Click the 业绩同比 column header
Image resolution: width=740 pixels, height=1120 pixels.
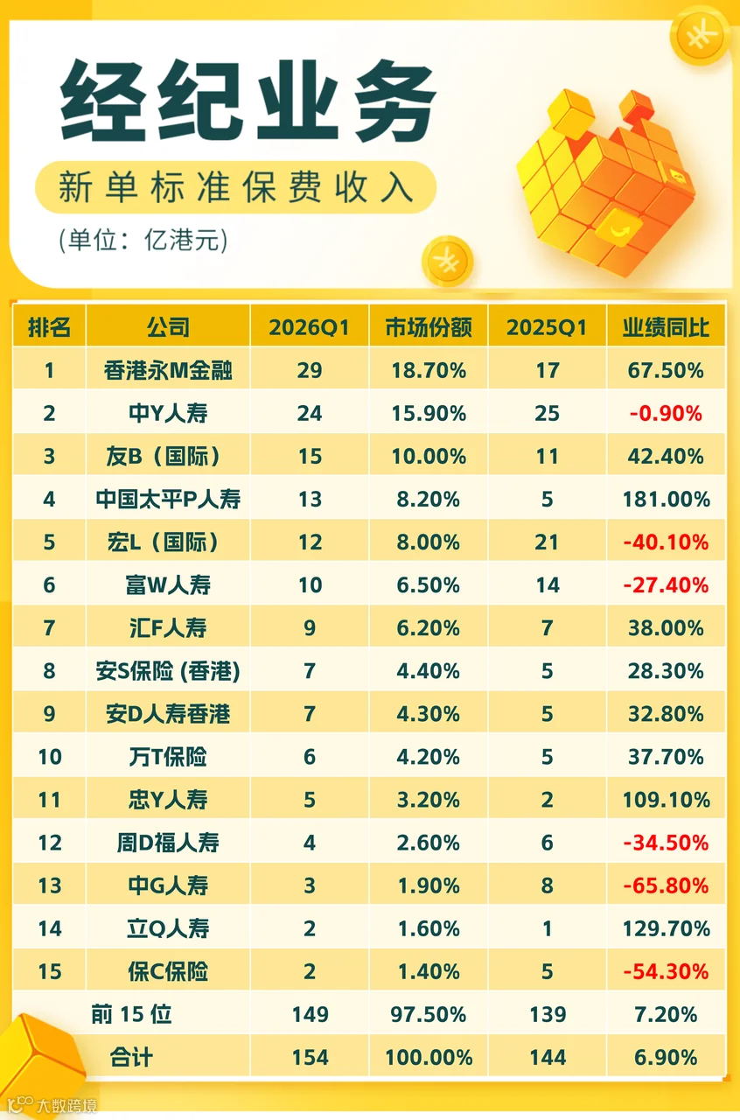click(x=666, y=327)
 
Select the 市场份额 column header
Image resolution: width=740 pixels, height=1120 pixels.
click(x=429, y=327)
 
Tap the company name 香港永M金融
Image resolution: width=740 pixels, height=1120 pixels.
click(x=168, y=370)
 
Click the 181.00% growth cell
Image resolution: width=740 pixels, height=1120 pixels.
click(x=666, y=499)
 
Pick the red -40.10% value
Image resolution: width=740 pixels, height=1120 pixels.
click(x=666, y=542)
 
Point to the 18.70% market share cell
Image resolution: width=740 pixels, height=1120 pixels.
click(x=429, y=370)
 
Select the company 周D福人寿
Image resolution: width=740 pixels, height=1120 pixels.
click(x=168, y=843)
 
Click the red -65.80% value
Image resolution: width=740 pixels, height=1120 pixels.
click(x=666, y=885)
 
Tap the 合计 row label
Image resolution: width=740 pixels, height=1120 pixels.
click(x=131, y=1058)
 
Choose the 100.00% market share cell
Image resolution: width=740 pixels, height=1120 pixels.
click(x=429, y=1058)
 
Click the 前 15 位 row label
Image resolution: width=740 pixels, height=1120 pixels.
click(x=131, y=1014)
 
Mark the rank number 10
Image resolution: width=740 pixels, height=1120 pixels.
click(x=50, y=757)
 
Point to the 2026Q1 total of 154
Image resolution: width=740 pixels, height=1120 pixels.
click(x=310, y=1058)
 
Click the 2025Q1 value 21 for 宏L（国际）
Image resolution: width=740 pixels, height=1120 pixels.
click(x=547, y=542)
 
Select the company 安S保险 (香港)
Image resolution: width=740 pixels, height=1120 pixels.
click(x=168, y=671)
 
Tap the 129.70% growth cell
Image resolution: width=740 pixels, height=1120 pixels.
click(x=666, y=928)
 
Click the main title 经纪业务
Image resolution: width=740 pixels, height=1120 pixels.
click(x=248, y=100)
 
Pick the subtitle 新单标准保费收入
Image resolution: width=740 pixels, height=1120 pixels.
click(x=235, y=187)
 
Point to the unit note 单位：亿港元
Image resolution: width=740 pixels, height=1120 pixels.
click(x=143, y=240)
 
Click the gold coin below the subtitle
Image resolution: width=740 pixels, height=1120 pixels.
click(x=447, y=261)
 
